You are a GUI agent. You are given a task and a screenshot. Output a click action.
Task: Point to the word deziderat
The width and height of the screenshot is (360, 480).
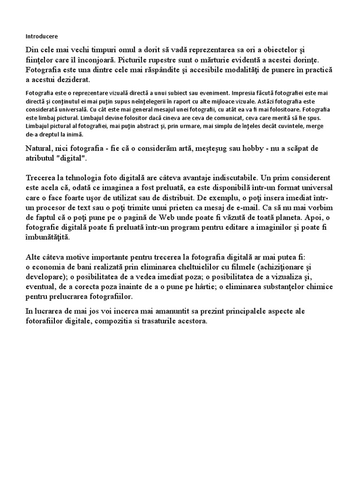[75, 80]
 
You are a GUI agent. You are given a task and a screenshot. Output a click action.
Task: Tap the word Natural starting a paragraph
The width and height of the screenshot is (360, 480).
[40, 149]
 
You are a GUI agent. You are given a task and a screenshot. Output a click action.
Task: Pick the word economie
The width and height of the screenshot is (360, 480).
[48, 267]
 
